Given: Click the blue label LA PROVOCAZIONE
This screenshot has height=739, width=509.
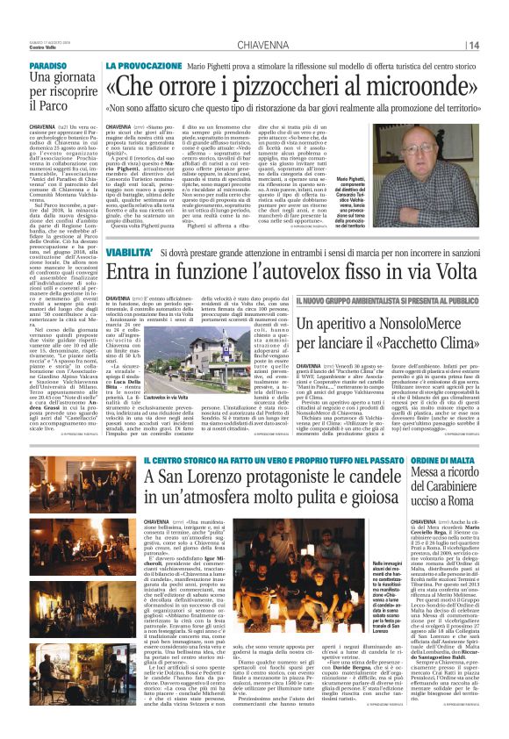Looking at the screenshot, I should [x=140, y=66].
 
